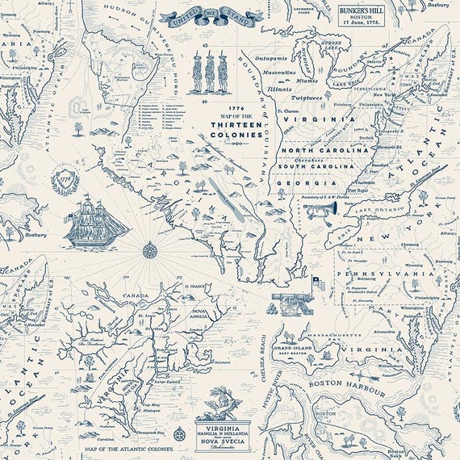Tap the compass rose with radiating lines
click(149, 249)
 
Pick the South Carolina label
click(319, 167)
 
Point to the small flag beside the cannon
click(317, 283)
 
